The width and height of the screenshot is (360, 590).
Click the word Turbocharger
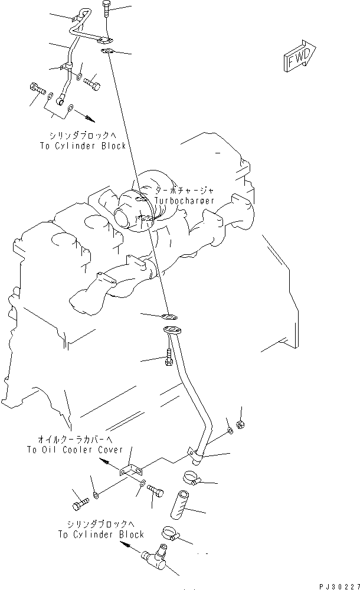point(185,201)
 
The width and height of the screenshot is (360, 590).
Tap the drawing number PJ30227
point(337,584)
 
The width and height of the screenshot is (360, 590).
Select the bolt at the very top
point(106,9)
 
